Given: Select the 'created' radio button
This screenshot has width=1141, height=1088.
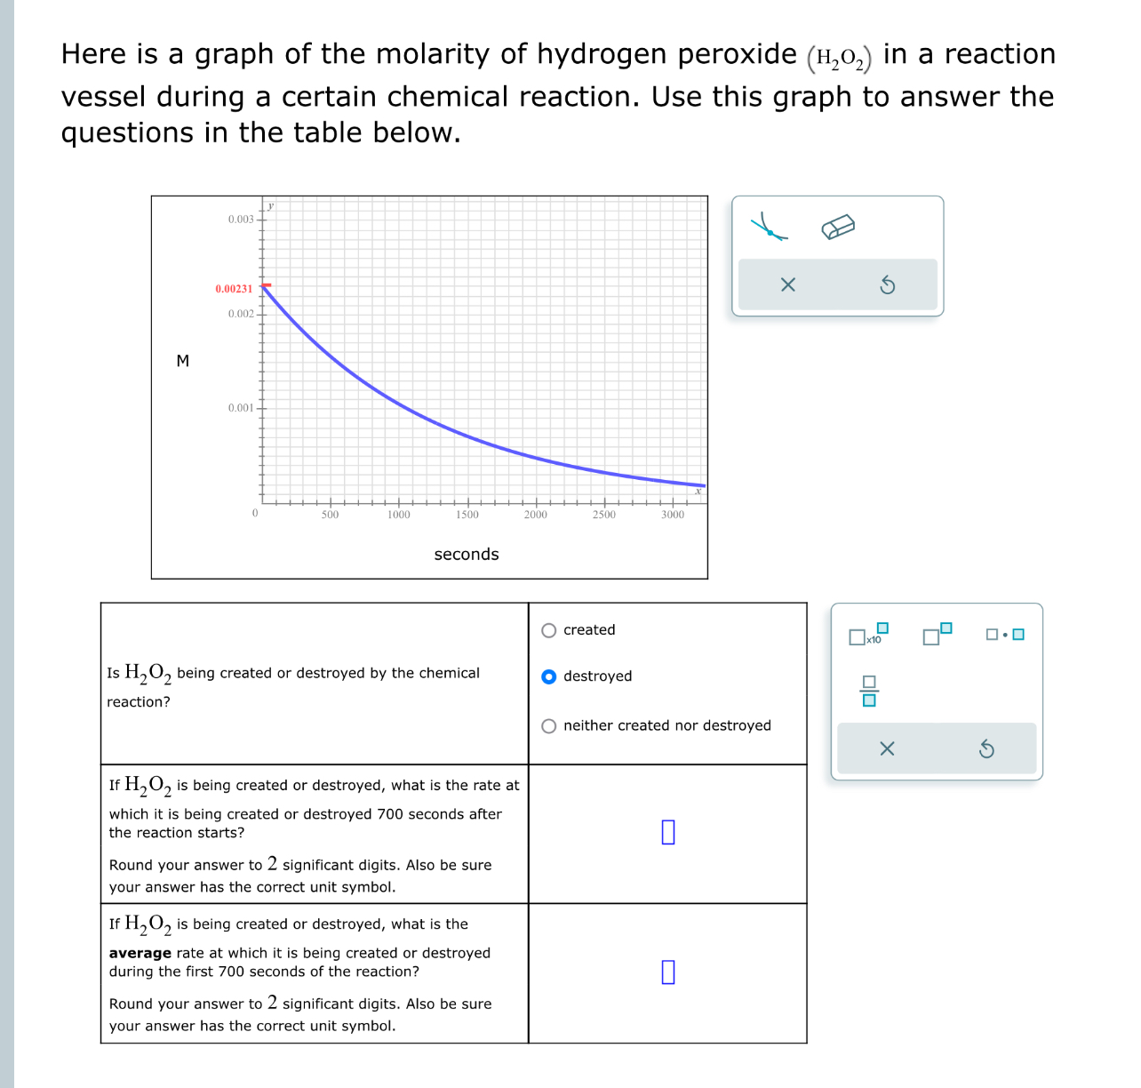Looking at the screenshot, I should pos(549,630).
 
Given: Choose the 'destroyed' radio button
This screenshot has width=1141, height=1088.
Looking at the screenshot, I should pos(549,676).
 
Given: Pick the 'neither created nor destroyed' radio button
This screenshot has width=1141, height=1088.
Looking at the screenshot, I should pos(549,726).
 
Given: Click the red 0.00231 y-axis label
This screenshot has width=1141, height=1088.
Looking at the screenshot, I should pos(234,289).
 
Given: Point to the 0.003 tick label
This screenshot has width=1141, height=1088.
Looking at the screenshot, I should pos(241,220).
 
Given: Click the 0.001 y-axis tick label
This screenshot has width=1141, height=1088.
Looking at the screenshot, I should pos(241,408).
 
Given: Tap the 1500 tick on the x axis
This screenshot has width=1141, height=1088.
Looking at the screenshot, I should pos(467,515).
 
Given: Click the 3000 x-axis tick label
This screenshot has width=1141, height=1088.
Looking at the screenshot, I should pos(673,515).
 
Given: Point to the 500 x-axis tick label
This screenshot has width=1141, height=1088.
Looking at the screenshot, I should pos(330,515).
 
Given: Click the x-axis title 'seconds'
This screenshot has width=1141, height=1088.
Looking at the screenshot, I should pos(467,555).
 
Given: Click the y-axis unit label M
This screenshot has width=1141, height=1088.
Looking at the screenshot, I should pos(183,361).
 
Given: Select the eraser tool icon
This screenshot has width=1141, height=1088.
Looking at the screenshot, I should pos(838,228).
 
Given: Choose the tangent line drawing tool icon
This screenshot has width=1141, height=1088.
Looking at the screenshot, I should pos(769,227).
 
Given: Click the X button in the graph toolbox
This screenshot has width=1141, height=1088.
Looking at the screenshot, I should pos(787,285).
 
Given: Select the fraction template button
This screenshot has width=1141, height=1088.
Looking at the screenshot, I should pos(869,691).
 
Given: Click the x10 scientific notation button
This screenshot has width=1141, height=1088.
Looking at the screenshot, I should pos(868,635).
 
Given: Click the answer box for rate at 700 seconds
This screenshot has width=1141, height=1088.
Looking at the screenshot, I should pos(668,832).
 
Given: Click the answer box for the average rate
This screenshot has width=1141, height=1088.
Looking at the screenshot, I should pos(668,972).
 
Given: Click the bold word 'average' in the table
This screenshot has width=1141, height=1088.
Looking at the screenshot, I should pos(140,953).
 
